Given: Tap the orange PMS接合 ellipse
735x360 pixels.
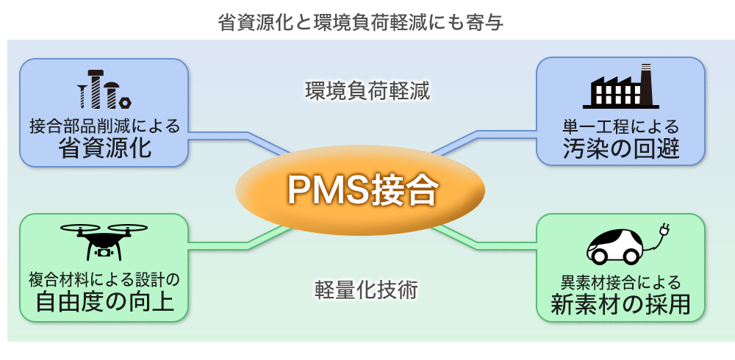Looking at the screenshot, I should click(360, 190).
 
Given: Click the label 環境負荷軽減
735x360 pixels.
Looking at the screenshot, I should click(367, 92).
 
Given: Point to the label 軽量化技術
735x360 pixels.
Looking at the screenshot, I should click(365, 289).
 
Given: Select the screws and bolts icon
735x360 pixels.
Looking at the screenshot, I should click(104, 90).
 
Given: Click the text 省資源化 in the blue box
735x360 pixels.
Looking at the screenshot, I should click(104, 148).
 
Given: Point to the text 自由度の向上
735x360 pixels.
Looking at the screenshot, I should click(105, 302).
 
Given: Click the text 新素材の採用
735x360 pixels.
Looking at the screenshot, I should click(620, 304).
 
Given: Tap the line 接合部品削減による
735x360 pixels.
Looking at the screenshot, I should click(104, 125).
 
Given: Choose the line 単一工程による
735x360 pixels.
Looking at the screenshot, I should click(620, 126).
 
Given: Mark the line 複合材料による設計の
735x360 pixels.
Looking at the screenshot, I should click(104, 280).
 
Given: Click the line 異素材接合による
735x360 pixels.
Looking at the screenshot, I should click(620, 281).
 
